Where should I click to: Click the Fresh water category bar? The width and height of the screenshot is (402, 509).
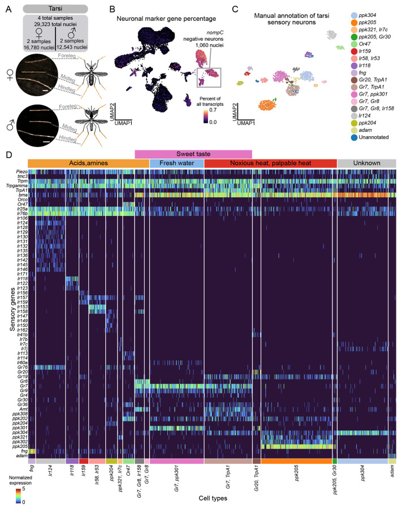point(176,163)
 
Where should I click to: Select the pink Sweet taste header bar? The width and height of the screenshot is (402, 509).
point(193,153)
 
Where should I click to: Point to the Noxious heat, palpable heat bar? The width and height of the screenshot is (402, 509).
point(270,163)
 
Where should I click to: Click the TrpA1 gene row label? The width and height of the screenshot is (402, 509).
point(22,190)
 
